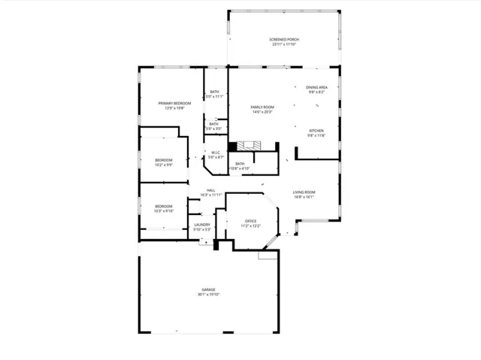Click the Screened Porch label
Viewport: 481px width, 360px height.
[283, 39]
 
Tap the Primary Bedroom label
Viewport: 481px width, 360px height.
[170, 103]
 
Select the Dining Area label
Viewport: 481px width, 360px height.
[316, 86]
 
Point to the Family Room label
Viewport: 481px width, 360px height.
[262, 107]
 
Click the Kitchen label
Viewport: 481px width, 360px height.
[316, 131]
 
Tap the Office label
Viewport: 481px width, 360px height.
[250, 220]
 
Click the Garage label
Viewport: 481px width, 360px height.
[208, 289]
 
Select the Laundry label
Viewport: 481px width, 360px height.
[201, 224]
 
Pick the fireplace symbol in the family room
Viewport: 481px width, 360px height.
[248, 146]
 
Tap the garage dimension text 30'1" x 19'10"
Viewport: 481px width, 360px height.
[208, 295]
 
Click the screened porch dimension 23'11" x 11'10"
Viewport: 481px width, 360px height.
[283, 44]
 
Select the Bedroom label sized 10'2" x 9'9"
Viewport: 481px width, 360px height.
[164, 159]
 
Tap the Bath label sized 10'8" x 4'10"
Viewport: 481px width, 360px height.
[240, 164]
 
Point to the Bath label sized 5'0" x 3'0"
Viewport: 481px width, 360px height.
[214, 124]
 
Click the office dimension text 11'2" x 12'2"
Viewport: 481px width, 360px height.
[250, 225]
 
